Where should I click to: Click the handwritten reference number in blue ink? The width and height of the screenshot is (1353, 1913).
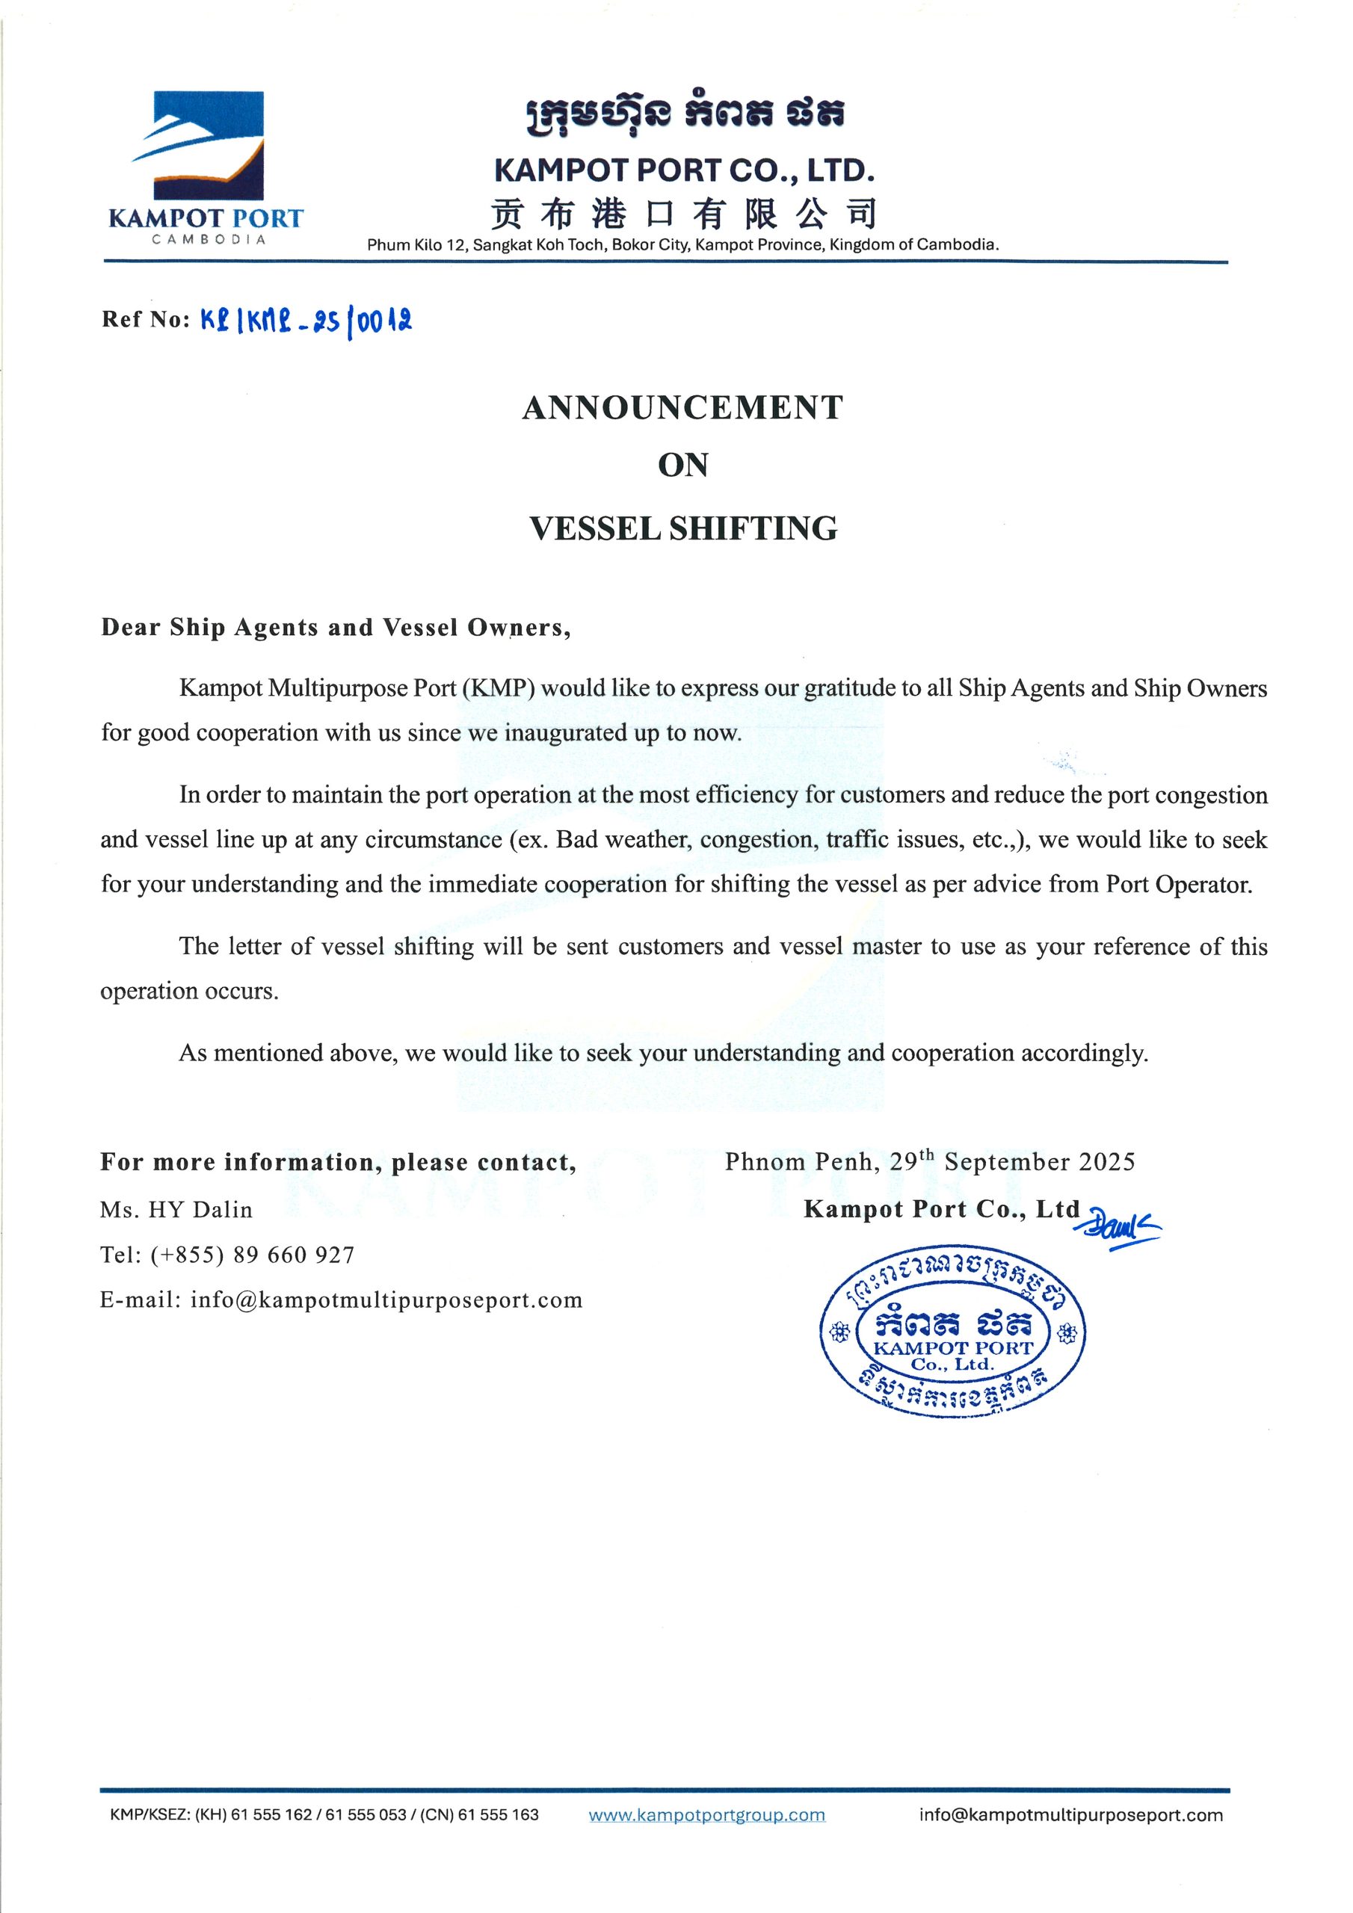[x=306, y=319]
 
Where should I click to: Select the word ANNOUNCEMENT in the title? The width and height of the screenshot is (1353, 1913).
[x=682, y=407]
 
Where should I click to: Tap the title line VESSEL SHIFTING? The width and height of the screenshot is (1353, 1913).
[x=682, y=528]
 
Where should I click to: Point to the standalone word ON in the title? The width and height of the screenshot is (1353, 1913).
[x=682, y=465]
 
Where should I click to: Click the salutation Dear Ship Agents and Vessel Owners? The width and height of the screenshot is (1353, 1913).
[x=336, y=628]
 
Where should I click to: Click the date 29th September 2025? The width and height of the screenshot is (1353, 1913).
[x=1011, y=1161]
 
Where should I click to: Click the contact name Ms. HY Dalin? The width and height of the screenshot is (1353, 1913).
[x=176, y=1210]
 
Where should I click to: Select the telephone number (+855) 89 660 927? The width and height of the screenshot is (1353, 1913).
[x=253, y=1255]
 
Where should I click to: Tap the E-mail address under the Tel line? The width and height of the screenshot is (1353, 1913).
[x=386, y=1299]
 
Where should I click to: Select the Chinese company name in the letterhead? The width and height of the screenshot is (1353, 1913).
[x=682, y=213]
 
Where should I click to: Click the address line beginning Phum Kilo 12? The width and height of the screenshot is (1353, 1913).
[x=682, y=245]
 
